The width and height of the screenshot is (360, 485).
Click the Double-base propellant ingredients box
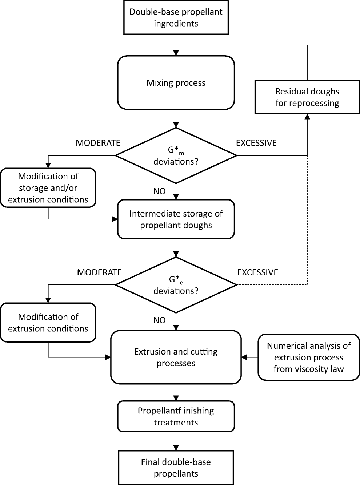coord(176,17)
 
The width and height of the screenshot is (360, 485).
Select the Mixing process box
coord(176,82)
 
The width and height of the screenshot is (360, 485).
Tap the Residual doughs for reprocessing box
coord(307,97)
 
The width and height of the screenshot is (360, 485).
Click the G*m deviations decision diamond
coord(176,156)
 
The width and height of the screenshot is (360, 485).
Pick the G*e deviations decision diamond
coord(176,285)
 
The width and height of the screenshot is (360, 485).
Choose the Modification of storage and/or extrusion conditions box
coord(48,188)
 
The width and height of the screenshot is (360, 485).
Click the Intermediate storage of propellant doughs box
coord(176,219)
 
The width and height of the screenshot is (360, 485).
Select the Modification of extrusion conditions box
coord(48,323)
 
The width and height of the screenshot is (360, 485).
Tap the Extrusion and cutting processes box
coord(176,357)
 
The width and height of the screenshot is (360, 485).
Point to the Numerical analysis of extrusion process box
coord(309,357)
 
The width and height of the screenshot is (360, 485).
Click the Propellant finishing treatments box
coord(176,416)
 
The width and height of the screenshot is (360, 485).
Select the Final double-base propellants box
coord(176,468)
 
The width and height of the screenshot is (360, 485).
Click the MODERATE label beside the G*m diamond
coord(98,143)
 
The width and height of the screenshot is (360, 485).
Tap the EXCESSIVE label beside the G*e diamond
coord(257,272)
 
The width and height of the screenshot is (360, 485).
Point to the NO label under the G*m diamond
coord(159,191)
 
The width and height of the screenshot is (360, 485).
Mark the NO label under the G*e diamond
coord(159,320)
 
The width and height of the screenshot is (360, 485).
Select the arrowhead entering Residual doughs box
coord(307,117)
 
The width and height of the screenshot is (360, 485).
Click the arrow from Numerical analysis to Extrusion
coord(250,357)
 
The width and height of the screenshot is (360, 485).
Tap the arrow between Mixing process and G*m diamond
coord(176,118)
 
